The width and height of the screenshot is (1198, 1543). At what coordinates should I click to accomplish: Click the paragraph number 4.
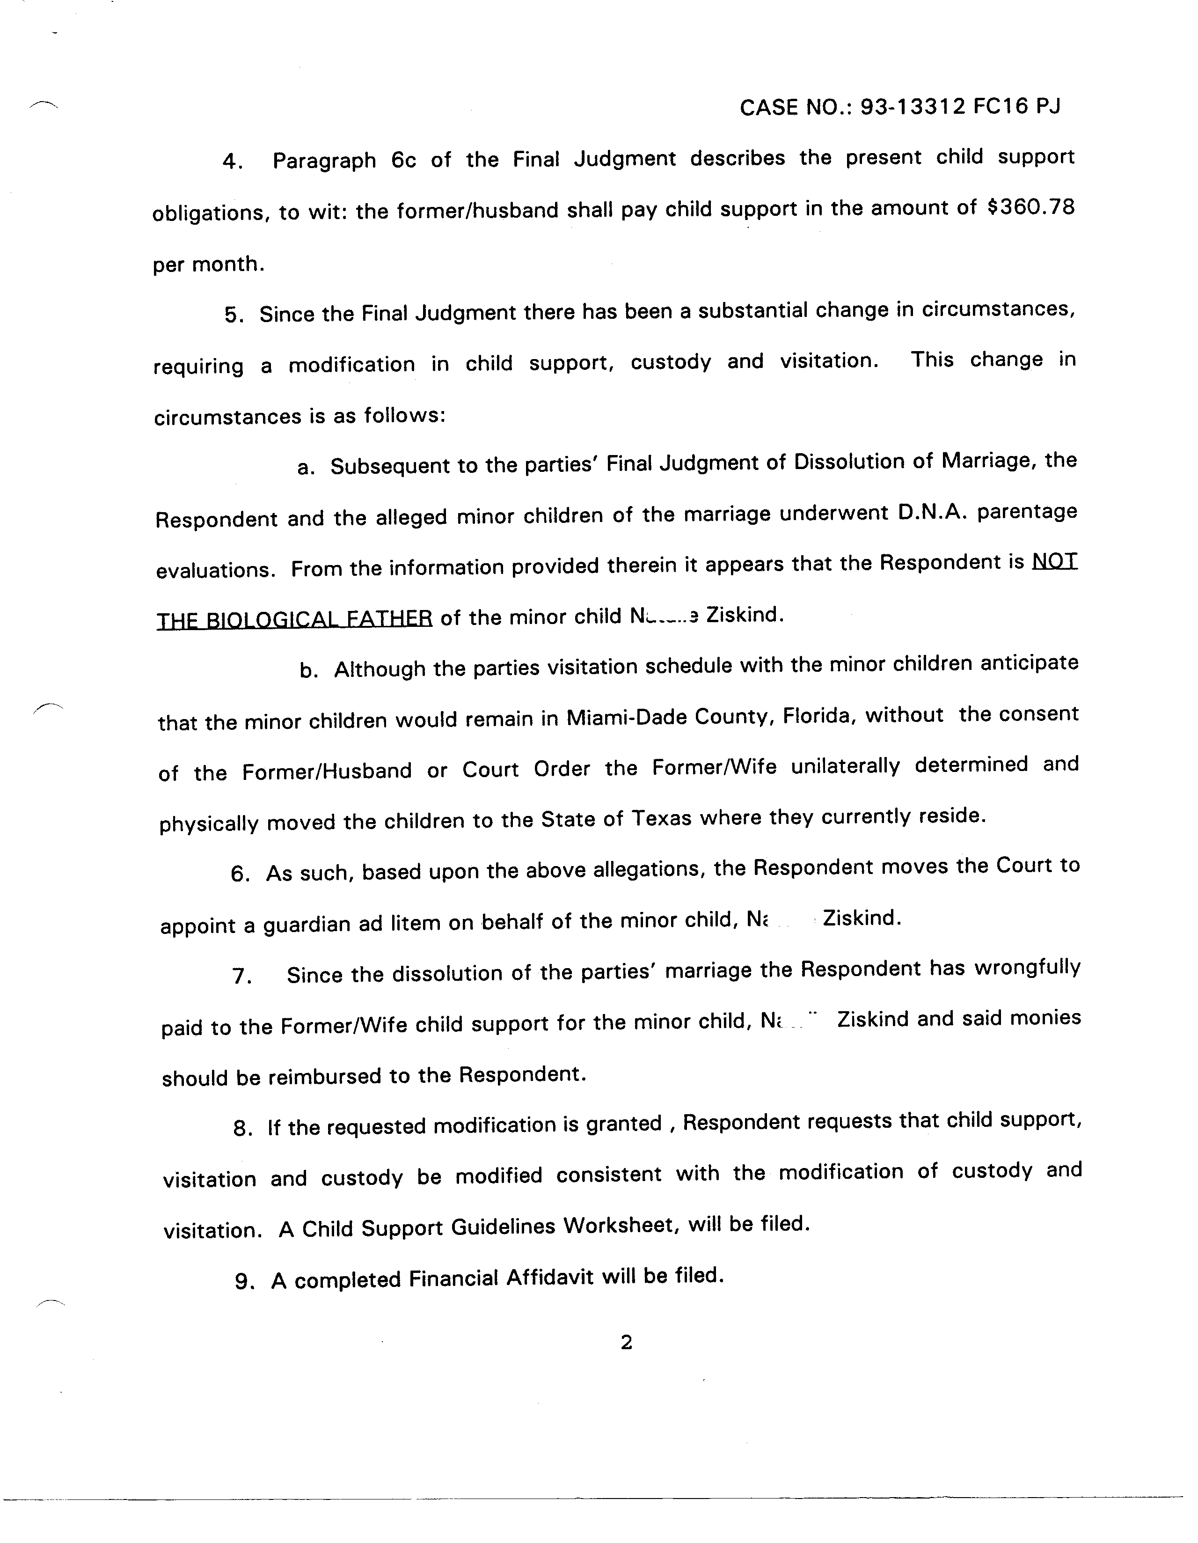(233, 162)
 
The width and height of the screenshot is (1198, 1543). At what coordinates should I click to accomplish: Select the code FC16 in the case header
(1000, 107)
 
